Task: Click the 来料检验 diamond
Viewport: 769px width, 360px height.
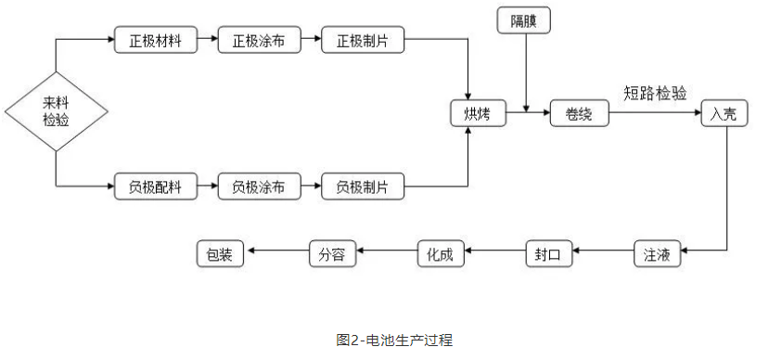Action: point(56,111)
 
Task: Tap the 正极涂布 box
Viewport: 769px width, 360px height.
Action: point(253,41)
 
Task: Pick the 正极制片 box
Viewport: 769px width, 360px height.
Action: point(357,41)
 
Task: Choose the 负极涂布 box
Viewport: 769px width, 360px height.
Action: point(253,186)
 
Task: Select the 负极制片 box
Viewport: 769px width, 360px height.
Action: point(357,186)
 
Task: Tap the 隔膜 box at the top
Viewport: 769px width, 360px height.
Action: point(526,19)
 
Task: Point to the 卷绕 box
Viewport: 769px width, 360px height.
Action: point(579,113)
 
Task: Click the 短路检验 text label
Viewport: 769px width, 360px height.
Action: point(655,93)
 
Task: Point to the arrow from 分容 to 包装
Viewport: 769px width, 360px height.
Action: point(276,251)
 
